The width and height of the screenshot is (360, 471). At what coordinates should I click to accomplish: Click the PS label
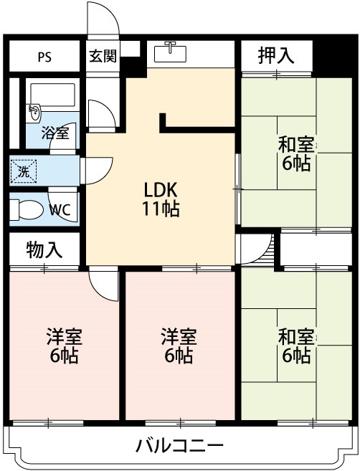[x=44, y=57]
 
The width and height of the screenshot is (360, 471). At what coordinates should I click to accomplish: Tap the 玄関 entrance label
[x=103, y=56]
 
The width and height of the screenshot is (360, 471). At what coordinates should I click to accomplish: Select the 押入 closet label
[x=276, y=56]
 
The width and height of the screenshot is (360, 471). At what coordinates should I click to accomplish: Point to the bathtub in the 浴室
[x=53, y=95]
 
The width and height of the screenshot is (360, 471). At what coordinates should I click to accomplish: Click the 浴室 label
[x=56, y=133]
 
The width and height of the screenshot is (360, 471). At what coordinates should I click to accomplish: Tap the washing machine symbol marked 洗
[x=24, y=171]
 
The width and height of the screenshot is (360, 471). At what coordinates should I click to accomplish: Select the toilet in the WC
[x=25, y=209]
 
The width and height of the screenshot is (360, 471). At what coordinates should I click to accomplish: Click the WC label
[x=60, y=209]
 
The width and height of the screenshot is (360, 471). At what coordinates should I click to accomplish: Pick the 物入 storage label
[x=44, y=249]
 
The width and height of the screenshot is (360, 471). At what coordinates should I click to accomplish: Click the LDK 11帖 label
[x=161, y=199]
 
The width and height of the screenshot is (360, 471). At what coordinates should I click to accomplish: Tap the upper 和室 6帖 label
[x=296, y=153]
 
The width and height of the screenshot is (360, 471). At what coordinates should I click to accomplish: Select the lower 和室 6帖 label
[x=296, y=346]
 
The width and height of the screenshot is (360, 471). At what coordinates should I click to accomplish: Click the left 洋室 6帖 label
[x=64, y=346]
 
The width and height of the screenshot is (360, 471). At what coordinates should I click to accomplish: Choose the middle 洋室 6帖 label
[x=179, y=346]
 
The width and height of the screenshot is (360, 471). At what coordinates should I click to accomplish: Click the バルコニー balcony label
[x=180, y=445]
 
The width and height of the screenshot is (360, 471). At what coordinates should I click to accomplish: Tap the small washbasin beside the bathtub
[x=34, y=113]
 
